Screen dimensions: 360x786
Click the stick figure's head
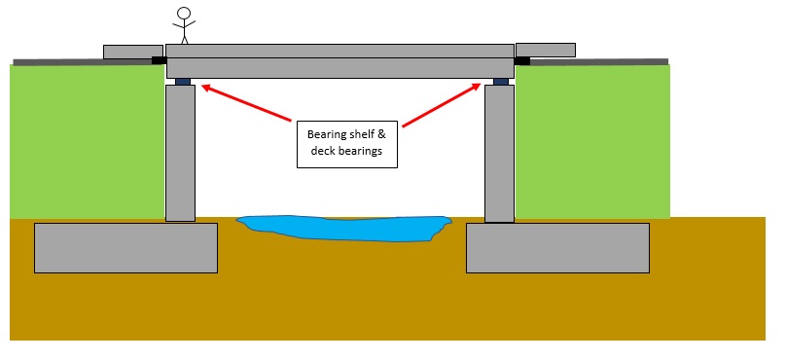pos(183,14)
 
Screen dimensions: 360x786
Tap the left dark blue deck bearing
pos(182,82)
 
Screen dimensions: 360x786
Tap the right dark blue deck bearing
pos(500,82)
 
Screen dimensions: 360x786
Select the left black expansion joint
pos(159,60)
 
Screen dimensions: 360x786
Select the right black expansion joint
pos(521,60)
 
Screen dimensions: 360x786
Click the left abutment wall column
pos(181,153)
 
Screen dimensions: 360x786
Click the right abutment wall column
pos(499,153)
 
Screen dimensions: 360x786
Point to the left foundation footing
pos(125,247)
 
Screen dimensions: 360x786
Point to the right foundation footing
pos(557,247)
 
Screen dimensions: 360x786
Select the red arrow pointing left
pos(248,106)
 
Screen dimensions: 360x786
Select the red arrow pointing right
pos(443,106)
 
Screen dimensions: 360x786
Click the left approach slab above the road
pos(132,51)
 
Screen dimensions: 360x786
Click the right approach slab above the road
pos(545,49)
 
